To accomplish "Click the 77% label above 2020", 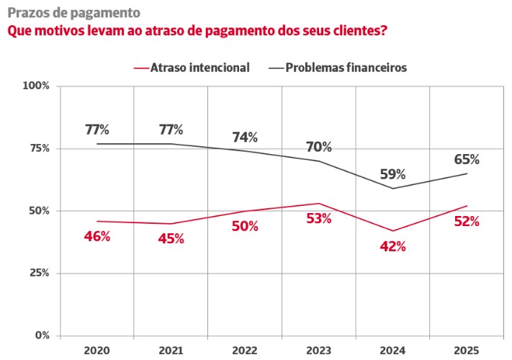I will pyautogui.click(x=96, y=130).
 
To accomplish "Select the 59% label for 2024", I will pyautogui.click(x=392, y=174).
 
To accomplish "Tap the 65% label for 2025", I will pyautogui.click(x=467, y=159).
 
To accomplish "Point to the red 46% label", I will pyautogui.click(x=96, y=235).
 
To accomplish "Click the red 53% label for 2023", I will pyautogui.click(x=318, y=218).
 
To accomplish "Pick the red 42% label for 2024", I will pyautogui.click(x=392, y=246).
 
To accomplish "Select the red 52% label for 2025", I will pyautogui.click(x=467, y=221).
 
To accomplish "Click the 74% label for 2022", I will pyautogui.click(x=245, y=138).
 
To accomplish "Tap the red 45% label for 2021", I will pyautogui.click(x=171, y=238).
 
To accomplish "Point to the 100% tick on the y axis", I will pyautogui.click(x=36, y=86).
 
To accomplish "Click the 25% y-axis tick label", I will pyautogui.click(x=38, y=273).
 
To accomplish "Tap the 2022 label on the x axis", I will pyautogui.click(x=245, y=350).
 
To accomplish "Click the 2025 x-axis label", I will pyautogui.click(x=467, y=350).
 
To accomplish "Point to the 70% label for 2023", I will pyautogui.click(x=318, y=147).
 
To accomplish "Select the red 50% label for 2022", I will pyautogui.click(x=245, y=226).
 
